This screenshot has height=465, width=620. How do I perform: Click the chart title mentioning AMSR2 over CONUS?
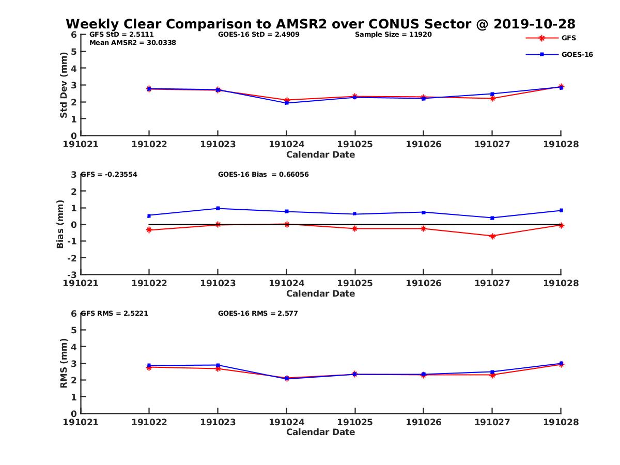point(320,24)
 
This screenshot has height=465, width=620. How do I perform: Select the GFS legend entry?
point(568,38)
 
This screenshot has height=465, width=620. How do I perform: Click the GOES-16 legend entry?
point(577,54)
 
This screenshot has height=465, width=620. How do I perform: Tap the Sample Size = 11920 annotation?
point(393,35)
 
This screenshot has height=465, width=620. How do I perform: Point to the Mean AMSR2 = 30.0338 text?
point(133,43)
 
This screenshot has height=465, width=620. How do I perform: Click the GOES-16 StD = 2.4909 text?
point(259,35)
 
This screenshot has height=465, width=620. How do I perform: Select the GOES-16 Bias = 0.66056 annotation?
point(263,175)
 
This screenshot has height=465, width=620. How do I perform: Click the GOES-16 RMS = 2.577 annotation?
point(258,314)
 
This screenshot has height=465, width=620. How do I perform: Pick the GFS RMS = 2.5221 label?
point(115,314)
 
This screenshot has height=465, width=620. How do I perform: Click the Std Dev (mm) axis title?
point(64,85)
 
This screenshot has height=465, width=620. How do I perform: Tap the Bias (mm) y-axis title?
point(60,224)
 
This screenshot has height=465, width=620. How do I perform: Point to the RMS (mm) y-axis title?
point(64,363)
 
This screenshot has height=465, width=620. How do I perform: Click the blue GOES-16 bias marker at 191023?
point(218,208)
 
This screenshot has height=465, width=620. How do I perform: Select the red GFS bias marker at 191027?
point(492,236)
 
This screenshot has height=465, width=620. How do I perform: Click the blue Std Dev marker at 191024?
point(286,103)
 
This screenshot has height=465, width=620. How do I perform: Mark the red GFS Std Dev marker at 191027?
point(492,98)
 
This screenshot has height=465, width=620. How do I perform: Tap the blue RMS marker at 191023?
point(218,365)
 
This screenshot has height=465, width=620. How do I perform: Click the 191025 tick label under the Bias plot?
point(354,283)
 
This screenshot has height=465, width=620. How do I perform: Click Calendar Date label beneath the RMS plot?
point(320,432)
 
